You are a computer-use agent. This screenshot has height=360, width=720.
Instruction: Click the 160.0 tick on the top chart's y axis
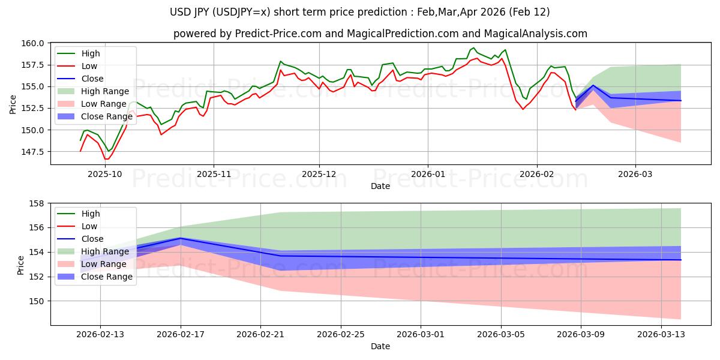[x=35, y=43]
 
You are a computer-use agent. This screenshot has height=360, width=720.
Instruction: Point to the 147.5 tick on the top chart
[x=35, y=152]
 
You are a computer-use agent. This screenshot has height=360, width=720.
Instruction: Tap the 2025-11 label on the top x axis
[x=213, y=174]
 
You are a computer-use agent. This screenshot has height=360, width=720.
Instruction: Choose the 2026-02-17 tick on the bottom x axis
[x=181, y=334]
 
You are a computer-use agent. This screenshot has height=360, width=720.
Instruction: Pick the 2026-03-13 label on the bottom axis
[x=662, y=334]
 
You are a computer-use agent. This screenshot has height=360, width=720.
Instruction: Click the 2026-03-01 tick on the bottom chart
[x=421, y=334]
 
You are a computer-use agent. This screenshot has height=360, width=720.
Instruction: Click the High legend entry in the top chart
[x=91, y=53]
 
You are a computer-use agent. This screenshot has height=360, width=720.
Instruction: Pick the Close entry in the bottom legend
[x=92, y=239]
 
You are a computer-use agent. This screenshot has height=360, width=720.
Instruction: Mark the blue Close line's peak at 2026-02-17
[x=181, y=238]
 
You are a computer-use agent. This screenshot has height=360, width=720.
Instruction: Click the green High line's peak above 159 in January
[x=473, y=48]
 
